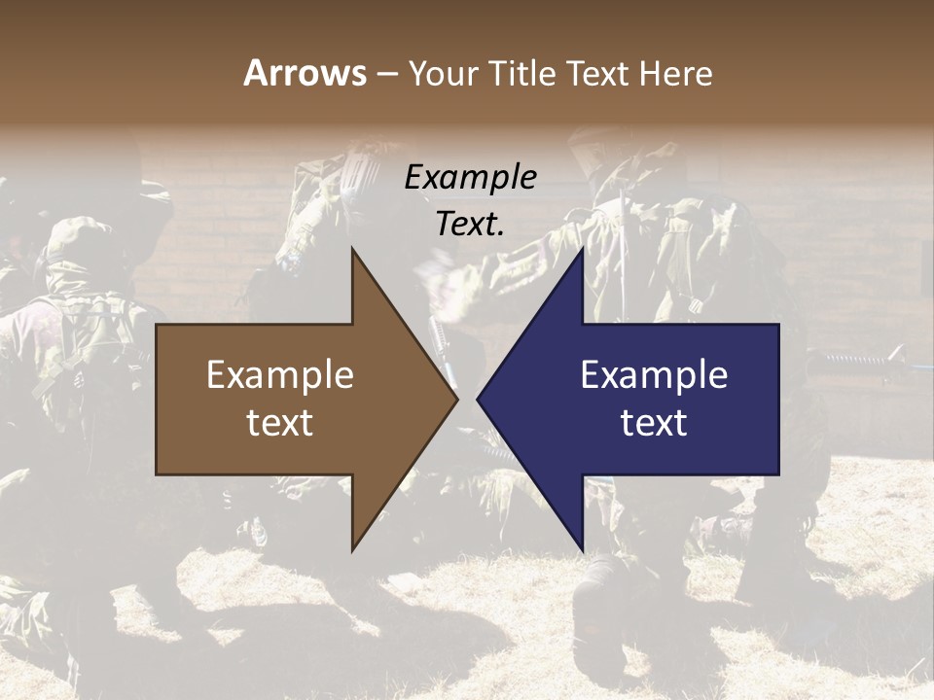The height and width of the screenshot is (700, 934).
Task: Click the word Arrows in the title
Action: [305, 73]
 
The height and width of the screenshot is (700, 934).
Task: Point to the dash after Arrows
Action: [386, 74]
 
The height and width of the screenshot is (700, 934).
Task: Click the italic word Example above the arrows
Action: [470, 178]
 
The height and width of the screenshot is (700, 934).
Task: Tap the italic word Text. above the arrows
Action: [470, 225]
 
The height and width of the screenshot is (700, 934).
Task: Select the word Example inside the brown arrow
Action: [279, 374]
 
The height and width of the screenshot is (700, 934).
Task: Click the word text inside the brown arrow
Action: [279, 423]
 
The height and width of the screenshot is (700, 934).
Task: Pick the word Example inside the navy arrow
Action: [654, 374]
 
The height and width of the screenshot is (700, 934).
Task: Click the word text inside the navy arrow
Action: [654, 423]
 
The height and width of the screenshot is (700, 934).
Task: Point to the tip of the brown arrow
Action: [457, 399]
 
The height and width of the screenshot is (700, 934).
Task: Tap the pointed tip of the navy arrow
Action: [478, 399]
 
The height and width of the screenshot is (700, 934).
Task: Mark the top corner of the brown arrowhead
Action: [352, 249]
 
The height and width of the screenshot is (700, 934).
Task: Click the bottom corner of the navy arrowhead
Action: [583, 550]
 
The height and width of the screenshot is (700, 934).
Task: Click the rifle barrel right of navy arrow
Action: [856, 361]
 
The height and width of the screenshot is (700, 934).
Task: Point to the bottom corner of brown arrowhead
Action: [352, 550]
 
